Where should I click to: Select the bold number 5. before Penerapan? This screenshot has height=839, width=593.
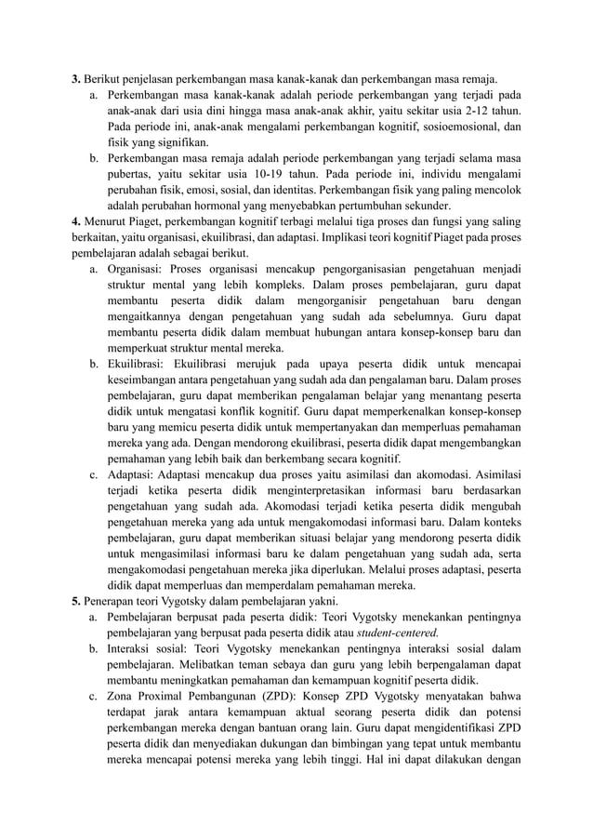(76, 600)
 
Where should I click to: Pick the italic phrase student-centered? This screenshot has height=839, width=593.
(400, 633)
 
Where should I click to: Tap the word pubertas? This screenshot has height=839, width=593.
(132, 174)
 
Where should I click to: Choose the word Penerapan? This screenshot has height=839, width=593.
(112, 600)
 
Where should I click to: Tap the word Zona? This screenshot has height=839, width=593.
(125, 696)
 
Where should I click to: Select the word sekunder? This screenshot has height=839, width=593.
(425, 206)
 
